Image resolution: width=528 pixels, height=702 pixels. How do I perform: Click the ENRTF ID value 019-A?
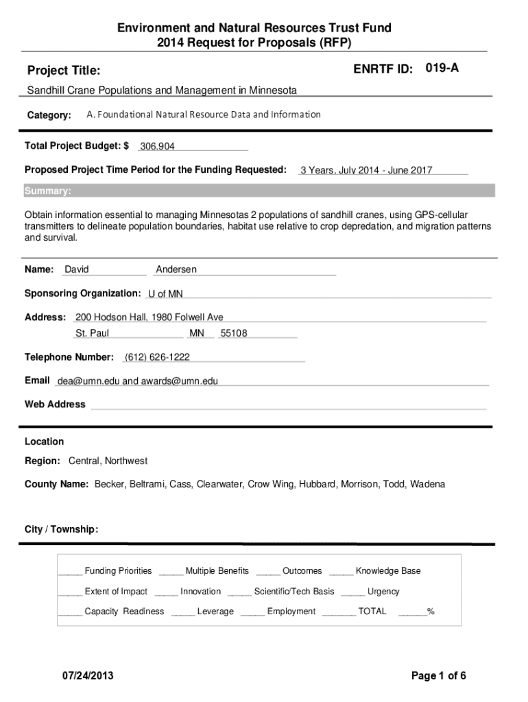point(442,69)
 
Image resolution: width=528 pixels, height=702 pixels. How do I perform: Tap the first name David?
point(77,269)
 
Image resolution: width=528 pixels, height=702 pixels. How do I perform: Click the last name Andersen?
point(176,269)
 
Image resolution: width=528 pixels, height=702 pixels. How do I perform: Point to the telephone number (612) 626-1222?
point(157,357)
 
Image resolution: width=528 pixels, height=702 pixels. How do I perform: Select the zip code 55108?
point(234,334)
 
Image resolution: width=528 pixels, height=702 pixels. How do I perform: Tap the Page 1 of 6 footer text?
point(439,676)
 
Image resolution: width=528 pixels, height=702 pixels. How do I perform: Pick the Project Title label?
point(64,71)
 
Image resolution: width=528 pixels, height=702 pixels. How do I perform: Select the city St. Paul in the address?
point(92,334)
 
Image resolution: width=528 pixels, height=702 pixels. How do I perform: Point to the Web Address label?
point(55,404)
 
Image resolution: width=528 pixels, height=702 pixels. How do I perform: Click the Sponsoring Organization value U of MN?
point(165,294)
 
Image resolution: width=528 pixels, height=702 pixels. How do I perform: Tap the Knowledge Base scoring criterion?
point(388,571)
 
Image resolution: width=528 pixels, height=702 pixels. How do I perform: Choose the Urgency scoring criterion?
point(383,592)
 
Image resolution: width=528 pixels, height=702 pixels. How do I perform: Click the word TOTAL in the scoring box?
point(372,612)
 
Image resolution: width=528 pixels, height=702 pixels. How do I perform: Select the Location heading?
point(44,441)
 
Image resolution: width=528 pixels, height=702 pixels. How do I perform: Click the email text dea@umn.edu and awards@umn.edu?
point(138,381)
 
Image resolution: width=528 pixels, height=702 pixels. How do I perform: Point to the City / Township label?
point(61,529)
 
